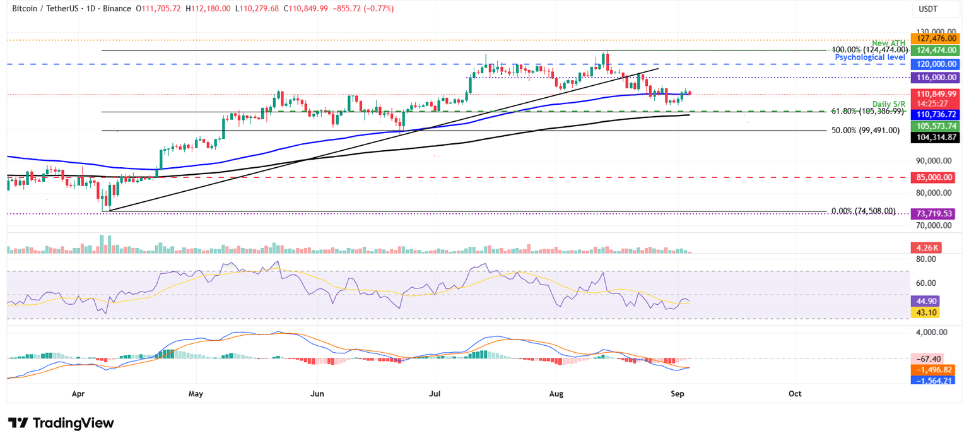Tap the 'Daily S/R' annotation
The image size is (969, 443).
(x=890, y=103)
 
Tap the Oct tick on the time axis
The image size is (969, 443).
(x=796, y=394)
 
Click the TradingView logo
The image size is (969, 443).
(x=61, y=423)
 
